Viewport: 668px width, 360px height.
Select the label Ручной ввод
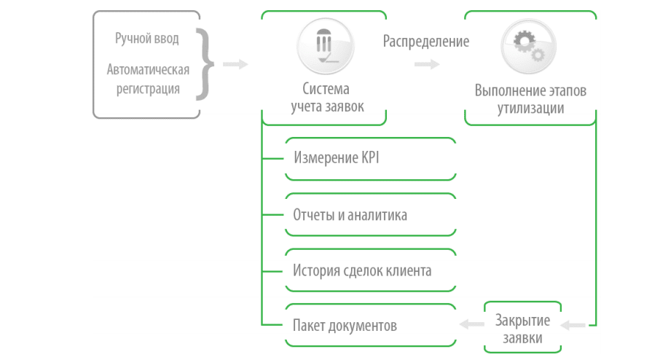click(x=146, y=39)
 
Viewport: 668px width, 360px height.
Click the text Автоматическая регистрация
click(x=148, y=79)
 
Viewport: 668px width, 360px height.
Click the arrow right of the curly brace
click(x=235, y=64)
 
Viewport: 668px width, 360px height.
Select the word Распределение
click(x=426, y=41)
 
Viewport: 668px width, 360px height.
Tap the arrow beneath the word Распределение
click(x=427, y=64)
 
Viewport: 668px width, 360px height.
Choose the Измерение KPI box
click(x=371, y=158)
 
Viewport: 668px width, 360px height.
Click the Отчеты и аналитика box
click(x=371, y=215)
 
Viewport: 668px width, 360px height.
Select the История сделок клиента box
click(x=371, y=270)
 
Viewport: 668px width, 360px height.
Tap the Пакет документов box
click(x=371, y=325)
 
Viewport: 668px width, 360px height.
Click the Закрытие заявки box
click(x=522, y=326)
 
